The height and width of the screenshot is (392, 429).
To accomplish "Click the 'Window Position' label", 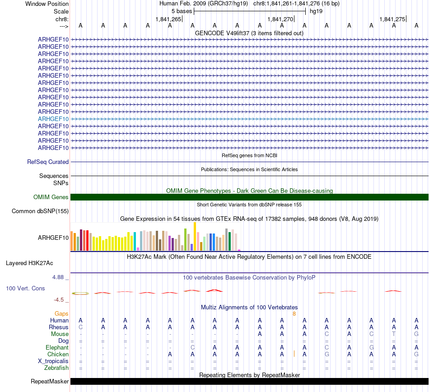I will pyautogui.click(x=47, y=4).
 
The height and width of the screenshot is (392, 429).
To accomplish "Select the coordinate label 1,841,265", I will pyautogui.click(x=168, y=19).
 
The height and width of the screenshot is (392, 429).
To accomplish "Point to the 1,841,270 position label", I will pyautogui.click(x=280, y=19).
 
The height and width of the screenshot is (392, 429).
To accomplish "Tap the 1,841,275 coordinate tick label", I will pyautogui.click(x=392, y=19).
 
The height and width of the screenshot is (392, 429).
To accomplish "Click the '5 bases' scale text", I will pyautogui.click(x=182, y=11).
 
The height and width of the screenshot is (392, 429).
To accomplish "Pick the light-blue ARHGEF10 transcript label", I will pyautogui.click(x=53, y=119).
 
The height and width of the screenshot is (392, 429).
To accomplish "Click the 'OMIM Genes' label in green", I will pyautogui.click(x=51, y=197).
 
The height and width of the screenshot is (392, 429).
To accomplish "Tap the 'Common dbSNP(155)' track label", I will pyautogui.click(x=40, y=211).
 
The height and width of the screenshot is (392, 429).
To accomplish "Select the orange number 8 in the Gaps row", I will pyautogui.click(x=294, y=313).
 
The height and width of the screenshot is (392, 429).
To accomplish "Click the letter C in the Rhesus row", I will pyautogui.click(x=80, y=327).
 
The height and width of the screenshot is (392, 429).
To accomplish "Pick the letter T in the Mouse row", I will pyautogui.click(x=394, y=334).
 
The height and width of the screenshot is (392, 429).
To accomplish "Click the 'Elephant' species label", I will pyautogui.click(x=57, y=347).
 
